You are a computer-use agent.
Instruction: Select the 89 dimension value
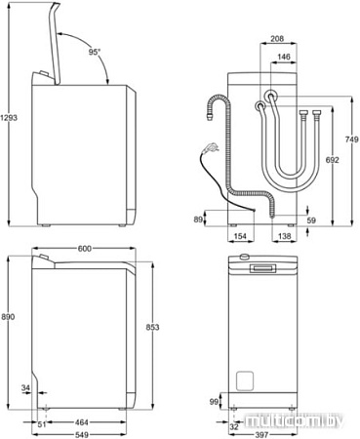point(199,219)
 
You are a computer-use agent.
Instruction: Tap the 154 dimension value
point(240,237)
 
